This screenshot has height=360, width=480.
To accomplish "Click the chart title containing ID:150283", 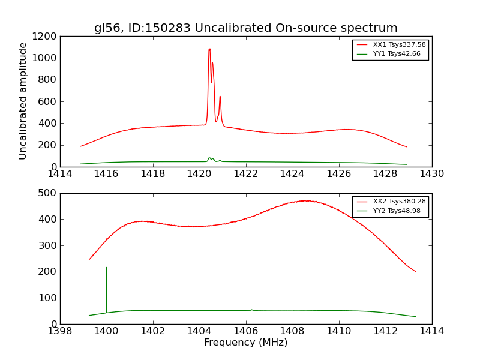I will (x=245, y=28).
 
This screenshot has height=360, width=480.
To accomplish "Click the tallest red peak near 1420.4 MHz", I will (x=209, y=49).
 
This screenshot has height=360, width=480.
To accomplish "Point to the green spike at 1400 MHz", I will (x=107, y=268).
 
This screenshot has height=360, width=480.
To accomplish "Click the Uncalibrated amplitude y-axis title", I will (x=23, y=101).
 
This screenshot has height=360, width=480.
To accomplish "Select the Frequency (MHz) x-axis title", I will (x=245, y=343).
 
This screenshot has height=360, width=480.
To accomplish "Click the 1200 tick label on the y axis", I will (x=46, y=36).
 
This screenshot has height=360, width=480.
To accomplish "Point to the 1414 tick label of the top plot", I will (x=60, y=174).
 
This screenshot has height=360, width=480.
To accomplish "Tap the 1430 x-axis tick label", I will (x=431, y=174).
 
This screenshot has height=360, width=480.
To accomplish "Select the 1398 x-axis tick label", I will (x=60, y=331).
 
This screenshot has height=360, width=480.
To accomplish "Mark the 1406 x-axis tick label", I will (x=246, y=331).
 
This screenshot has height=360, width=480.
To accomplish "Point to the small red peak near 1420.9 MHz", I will (x=220, y=97).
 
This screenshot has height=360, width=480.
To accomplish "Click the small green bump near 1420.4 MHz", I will (x=209, y=158).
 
